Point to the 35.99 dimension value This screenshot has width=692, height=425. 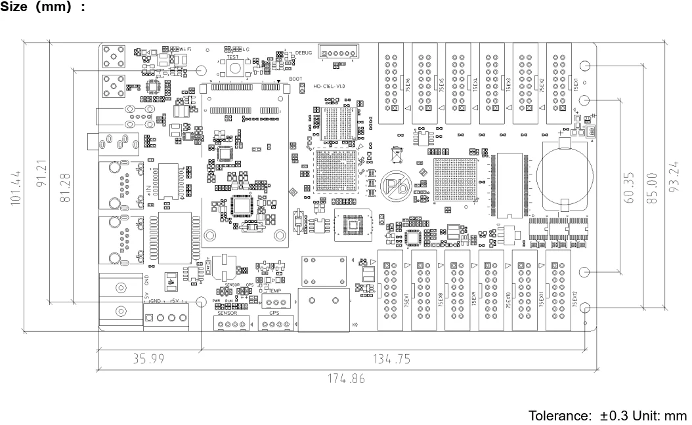point(148,359)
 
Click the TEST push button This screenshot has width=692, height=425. point(234,70)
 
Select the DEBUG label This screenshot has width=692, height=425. point(304,52)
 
